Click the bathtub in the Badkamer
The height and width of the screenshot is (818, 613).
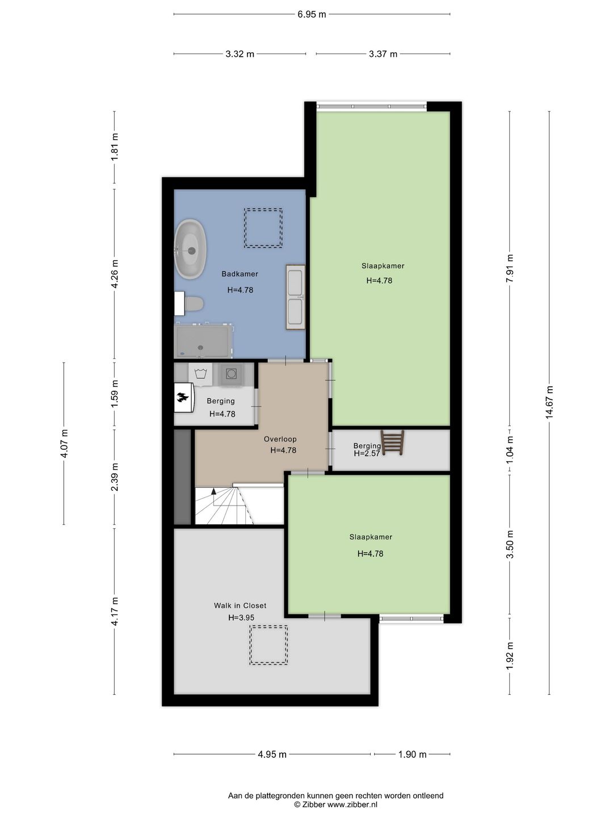pos(191,249)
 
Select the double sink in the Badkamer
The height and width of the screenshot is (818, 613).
pos(296,297)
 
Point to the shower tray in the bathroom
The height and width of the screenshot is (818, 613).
pos(203,341)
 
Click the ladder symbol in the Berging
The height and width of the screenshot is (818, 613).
pos(392,443)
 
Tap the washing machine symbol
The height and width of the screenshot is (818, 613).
pos(200,374)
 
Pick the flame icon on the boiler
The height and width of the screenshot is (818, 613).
pos(183,398)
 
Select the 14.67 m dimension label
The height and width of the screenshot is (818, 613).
pos(549,403)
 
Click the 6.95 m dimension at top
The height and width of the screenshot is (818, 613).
pos(312,14)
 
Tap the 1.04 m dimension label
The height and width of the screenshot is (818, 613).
pos(510,450)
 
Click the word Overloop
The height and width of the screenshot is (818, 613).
pos(280,439)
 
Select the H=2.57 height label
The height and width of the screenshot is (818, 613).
pos(367,453)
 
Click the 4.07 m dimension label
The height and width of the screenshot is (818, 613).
pos(64,444)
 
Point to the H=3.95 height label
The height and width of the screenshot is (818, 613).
pos(241,617)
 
